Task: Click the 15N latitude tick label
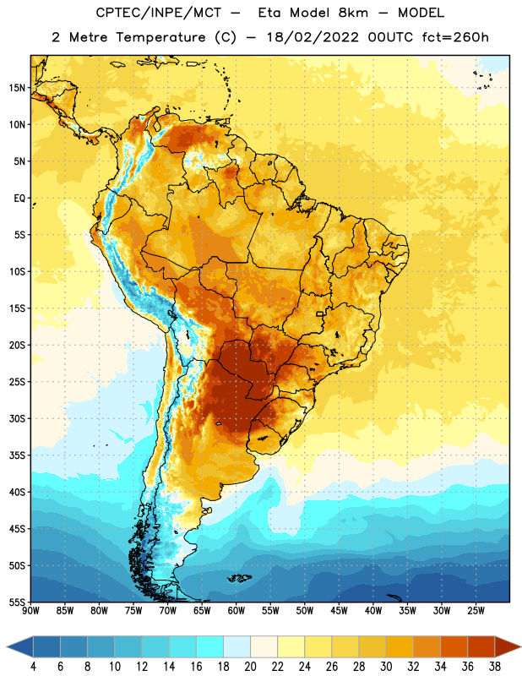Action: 17,88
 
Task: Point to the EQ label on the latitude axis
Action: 19,199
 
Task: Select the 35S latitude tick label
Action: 17,455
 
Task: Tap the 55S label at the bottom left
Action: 17,602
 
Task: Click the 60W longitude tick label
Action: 237,611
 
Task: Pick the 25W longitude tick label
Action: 476,611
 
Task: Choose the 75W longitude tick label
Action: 133,611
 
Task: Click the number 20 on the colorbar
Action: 250,667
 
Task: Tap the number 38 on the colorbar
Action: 494,667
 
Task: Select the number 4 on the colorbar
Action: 33,667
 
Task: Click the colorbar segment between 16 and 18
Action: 209,646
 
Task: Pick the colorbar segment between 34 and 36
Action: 454,646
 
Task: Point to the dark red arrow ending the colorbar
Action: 506,646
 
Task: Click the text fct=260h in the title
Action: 455,37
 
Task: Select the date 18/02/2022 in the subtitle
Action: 313,37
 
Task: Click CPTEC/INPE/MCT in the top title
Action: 159,13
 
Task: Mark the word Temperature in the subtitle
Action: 160,37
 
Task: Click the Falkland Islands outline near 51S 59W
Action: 239,578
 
